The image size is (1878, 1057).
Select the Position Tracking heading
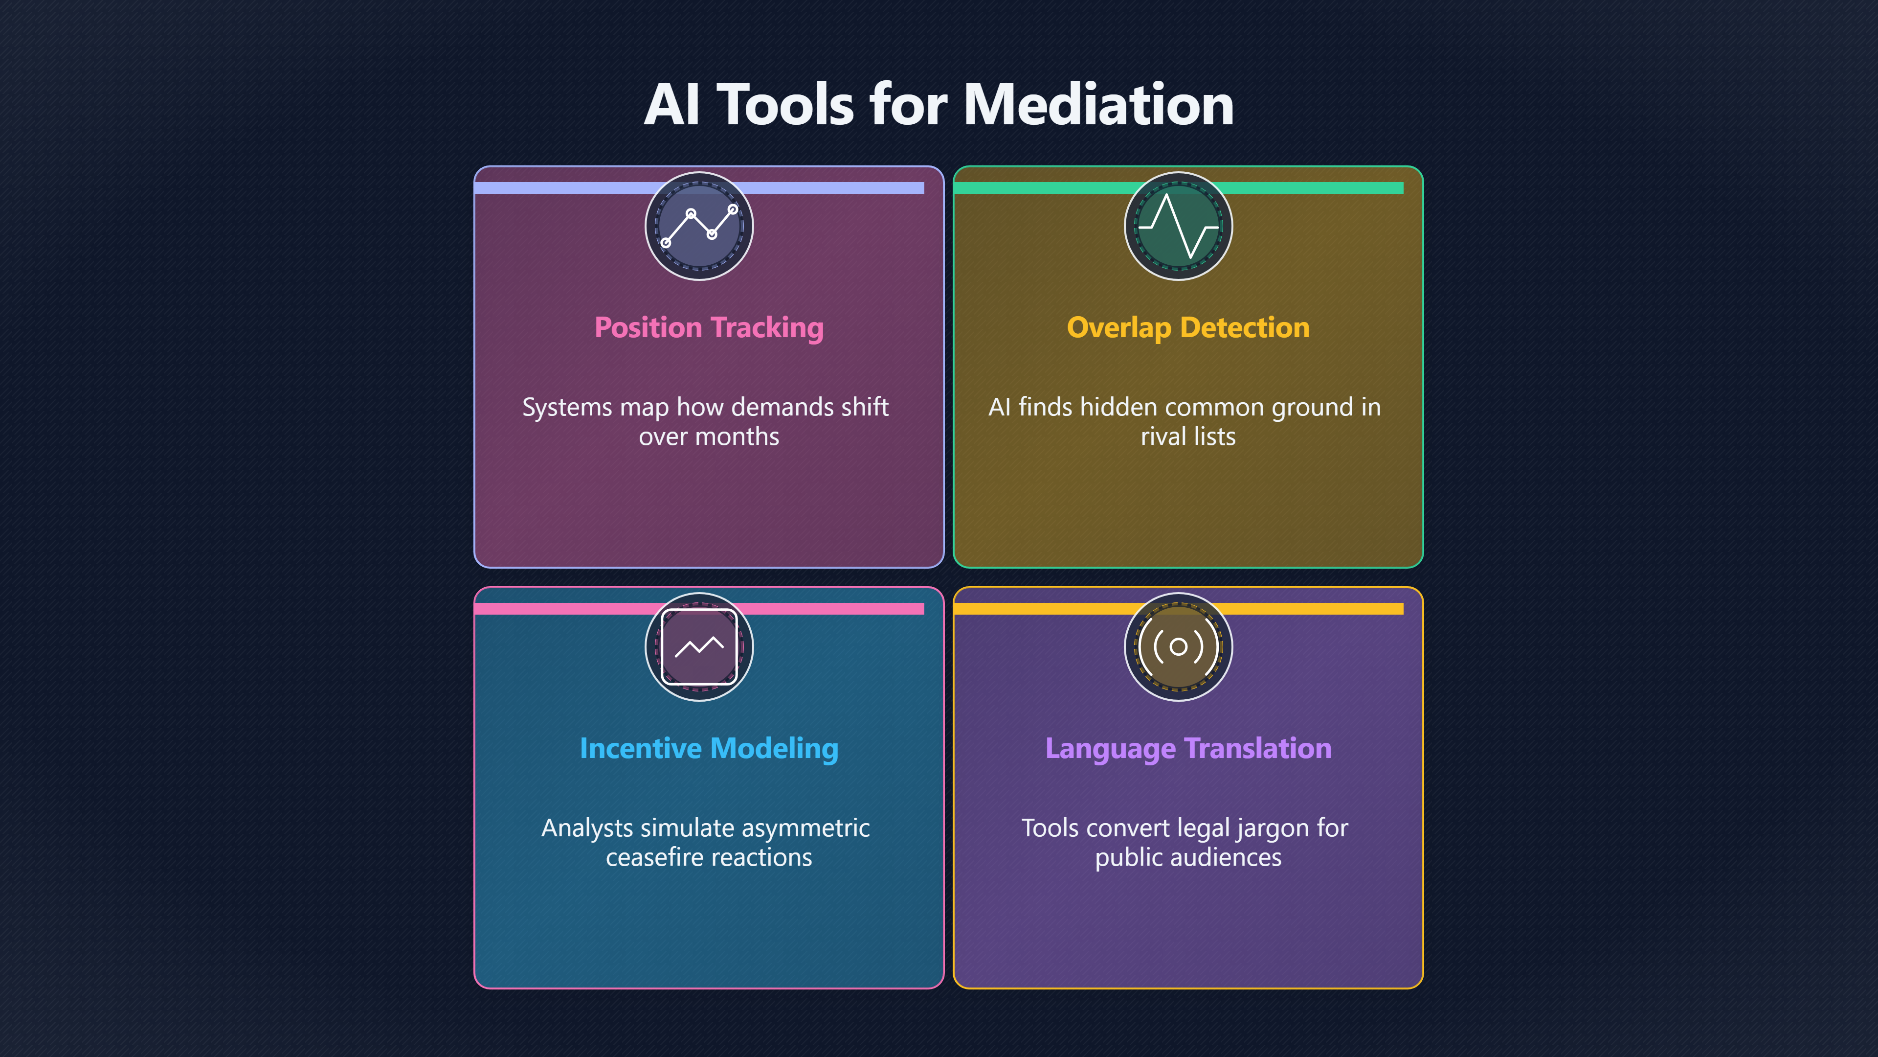click(709, 327)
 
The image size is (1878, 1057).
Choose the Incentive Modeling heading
click(709, 748)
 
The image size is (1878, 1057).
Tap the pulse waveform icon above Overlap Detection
click(1178, 226)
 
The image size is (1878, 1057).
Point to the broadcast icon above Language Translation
click(1178, 647)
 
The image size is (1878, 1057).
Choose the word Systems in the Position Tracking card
click(567, 407)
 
